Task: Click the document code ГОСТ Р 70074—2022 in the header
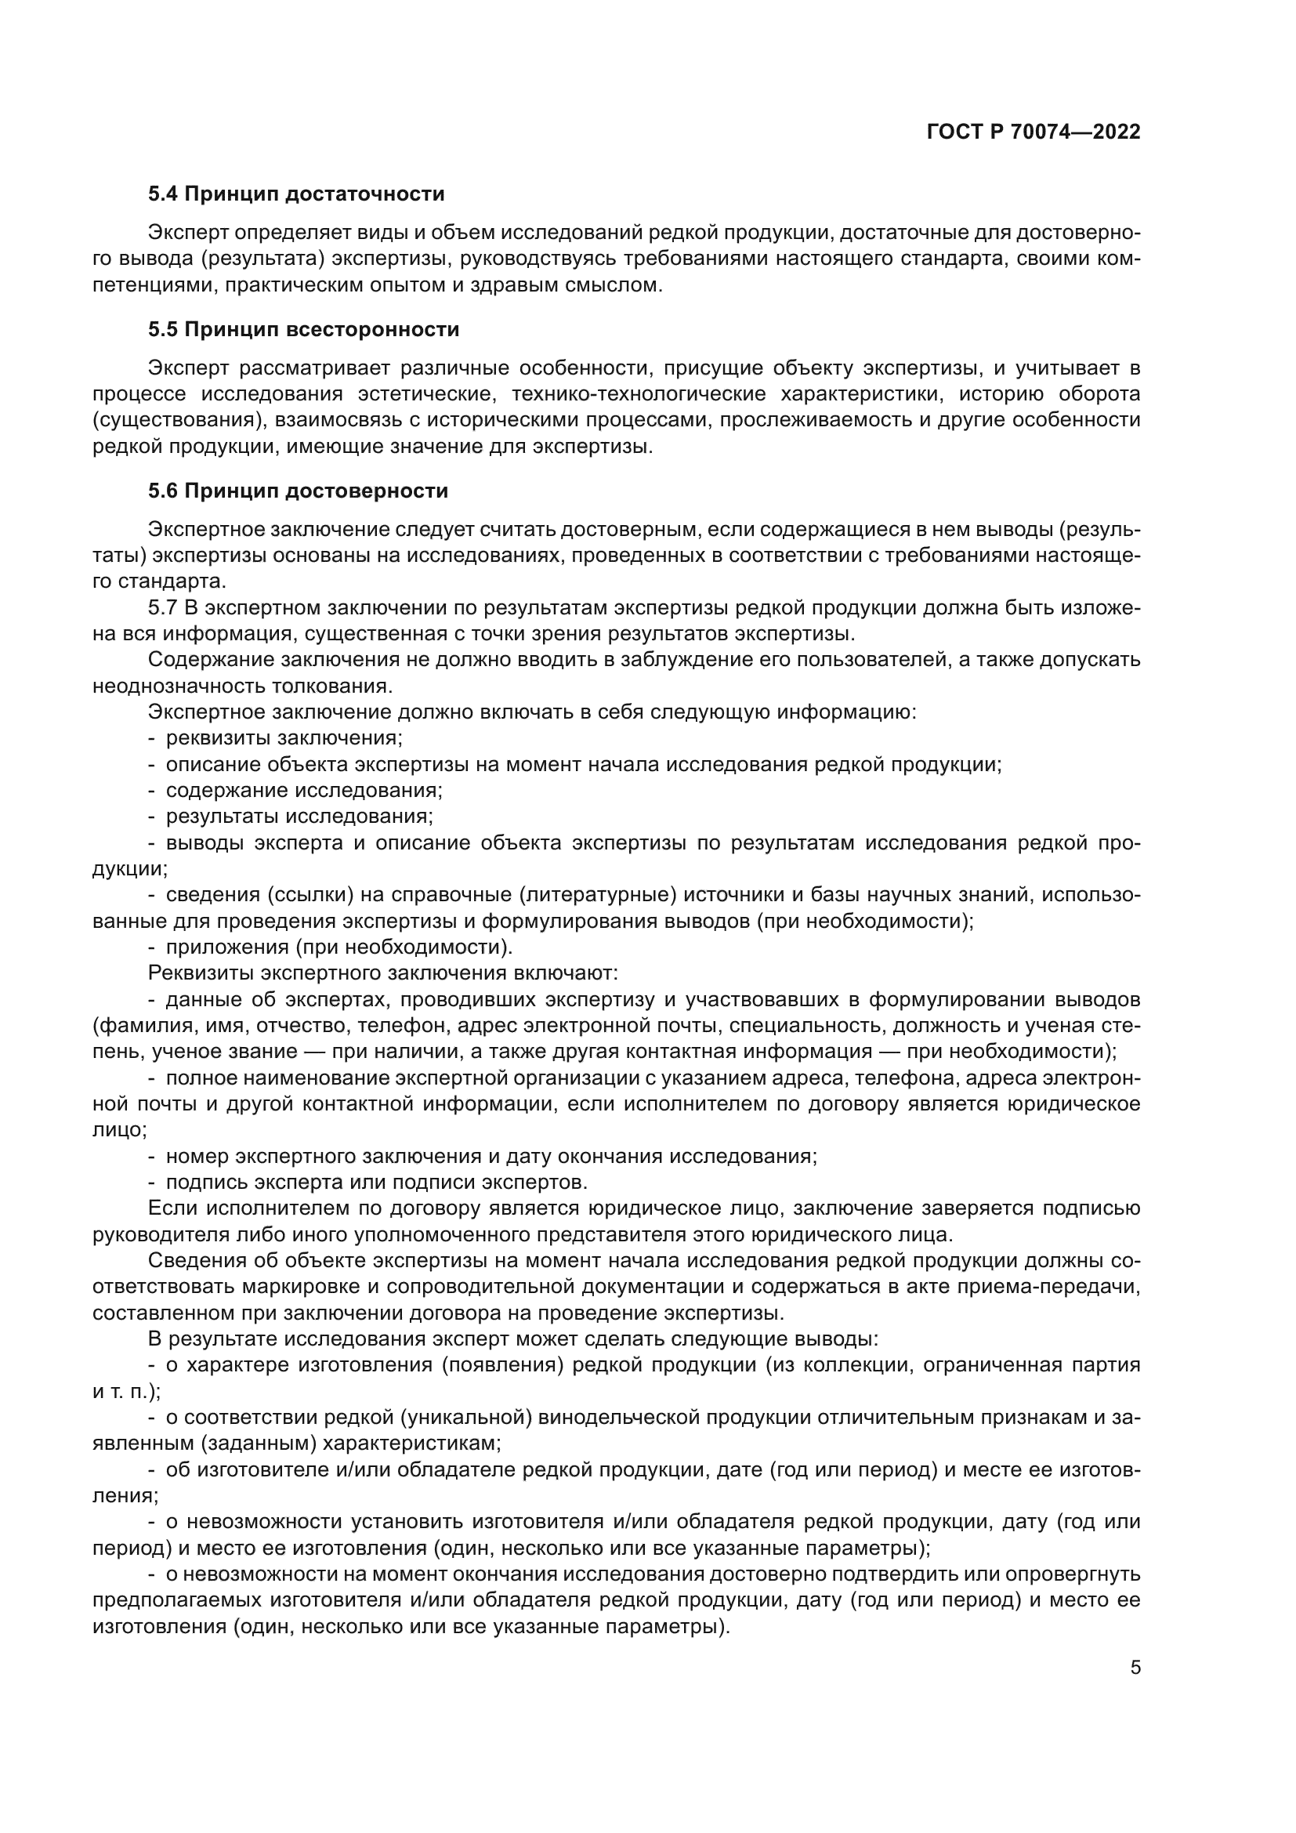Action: pos(1034,132)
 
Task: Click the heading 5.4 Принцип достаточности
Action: pos(296,194)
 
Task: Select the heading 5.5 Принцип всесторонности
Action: pos(303,330)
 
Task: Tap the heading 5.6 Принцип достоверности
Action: pos(298,491)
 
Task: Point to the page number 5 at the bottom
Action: pos(1135,1667)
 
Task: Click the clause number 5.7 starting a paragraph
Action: pos(162,608)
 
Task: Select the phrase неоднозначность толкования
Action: pos(242,686)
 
